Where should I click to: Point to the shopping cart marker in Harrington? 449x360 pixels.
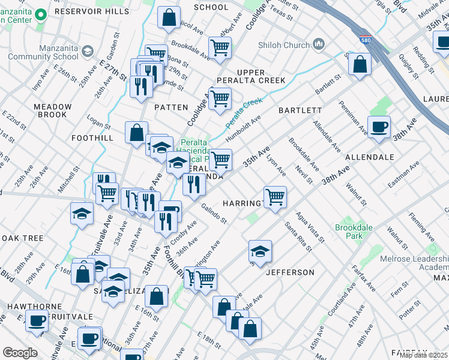[275, 196]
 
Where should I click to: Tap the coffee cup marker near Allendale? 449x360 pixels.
[379, 127]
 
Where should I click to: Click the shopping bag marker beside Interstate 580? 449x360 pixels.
[360, 65]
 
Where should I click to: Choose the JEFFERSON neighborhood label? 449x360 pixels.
[290, 272]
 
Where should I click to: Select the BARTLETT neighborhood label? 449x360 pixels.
[300, 110]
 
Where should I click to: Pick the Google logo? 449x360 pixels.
[20, 353]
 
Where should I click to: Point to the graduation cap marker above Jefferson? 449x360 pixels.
[260, 252]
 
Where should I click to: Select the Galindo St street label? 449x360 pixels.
[214, 213]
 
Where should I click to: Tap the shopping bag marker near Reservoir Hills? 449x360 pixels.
[169, 17]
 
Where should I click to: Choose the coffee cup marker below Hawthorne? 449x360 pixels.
[37, 321]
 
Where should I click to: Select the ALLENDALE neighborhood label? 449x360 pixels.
[369, 157]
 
